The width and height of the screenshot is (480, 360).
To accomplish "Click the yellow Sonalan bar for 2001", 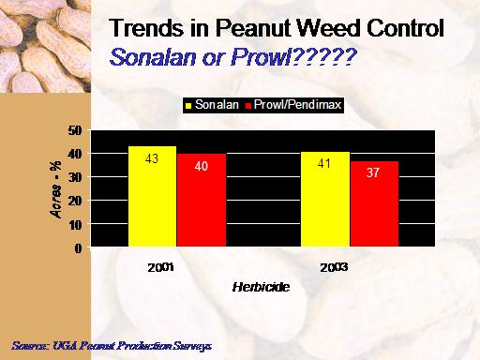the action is [x=152, y=196].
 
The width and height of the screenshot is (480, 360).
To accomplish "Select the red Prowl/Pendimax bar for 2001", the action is [x=202, y=200].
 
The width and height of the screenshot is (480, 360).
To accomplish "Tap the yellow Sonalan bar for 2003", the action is [x=325, y=199].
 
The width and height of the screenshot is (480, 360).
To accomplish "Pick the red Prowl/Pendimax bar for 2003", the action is [x=374, y=203].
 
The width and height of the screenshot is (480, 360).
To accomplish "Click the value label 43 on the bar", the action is [x=152, y=158].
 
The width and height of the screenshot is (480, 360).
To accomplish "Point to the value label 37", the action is [x=373, y=172].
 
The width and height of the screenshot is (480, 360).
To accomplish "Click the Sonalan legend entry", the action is [x=212, y=105].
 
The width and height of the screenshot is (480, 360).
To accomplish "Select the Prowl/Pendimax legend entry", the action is [x=293, y=105].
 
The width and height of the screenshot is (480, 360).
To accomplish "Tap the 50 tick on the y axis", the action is [x=75, y=130].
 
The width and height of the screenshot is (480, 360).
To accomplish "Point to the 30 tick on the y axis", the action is [x=75, y=177].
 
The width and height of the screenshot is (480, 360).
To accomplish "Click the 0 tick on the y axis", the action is [x=78, y=248].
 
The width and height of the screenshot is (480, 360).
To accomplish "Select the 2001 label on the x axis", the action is [x=160, y=267].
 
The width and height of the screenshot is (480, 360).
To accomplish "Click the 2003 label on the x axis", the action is [x=334, y=267].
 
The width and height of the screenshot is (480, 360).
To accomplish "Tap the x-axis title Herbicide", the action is [x=261, y=287].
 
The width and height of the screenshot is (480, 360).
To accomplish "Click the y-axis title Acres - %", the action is [x=55, y=189].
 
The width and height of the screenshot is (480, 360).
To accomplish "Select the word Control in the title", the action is [x=405, y=28].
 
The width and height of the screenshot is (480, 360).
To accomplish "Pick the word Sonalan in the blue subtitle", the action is [x=153, y=57].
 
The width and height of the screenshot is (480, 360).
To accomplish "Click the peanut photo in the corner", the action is [x=45, y=46].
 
